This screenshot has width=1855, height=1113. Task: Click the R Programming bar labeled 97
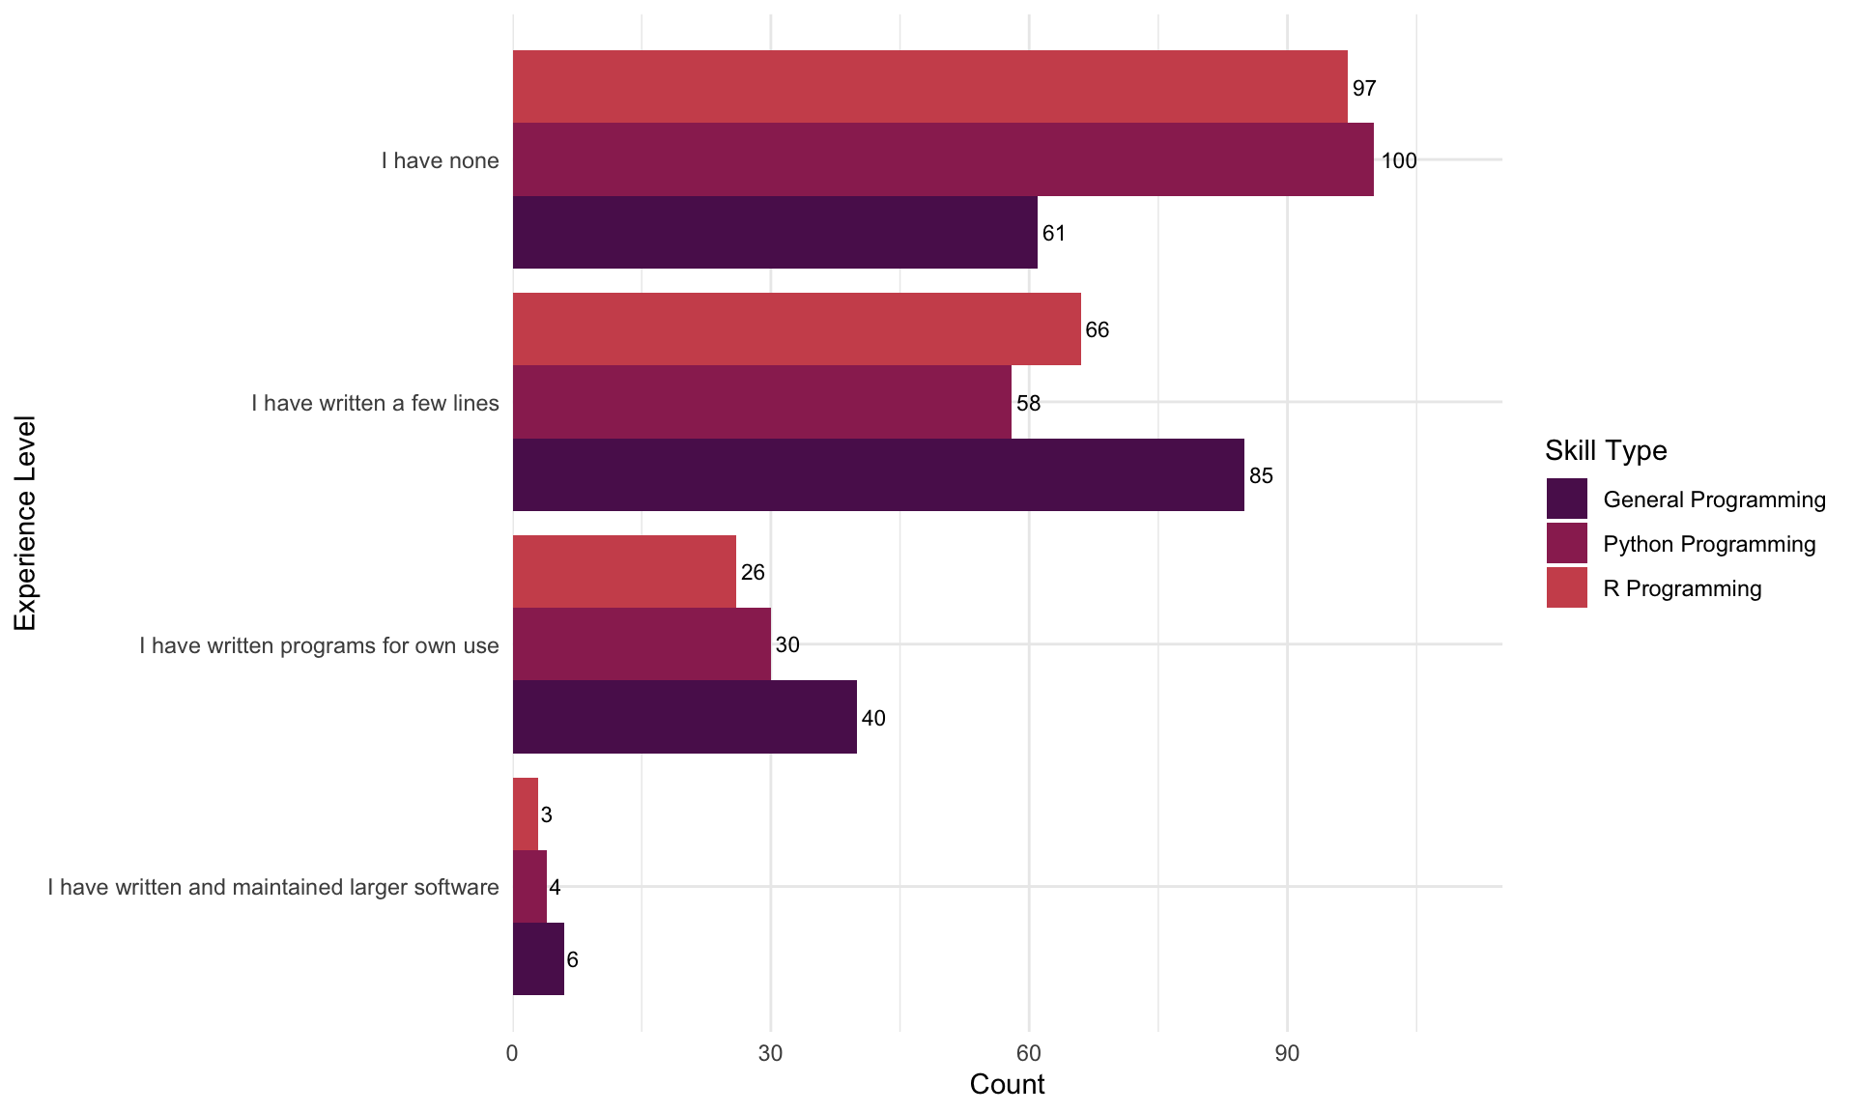[929, 87]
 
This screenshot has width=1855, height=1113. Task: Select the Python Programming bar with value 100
[943, 159]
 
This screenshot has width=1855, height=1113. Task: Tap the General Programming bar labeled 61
[775, 232]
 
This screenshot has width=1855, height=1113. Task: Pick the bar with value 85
[878, 474]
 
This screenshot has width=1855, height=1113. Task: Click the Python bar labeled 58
[761, 402]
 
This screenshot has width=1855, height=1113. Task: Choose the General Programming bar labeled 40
[684, 717]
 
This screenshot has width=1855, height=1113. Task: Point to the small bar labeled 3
[526, 813]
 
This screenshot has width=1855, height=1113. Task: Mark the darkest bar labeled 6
[538, 958]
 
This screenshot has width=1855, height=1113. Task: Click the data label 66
[1098, 330]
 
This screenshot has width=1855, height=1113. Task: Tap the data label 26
[753, 572]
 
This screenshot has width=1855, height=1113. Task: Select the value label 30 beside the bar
[787, 644]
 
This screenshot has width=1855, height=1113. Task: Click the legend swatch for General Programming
[1566, 499]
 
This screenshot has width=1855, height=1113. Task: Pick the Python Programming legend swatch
[1566, 544]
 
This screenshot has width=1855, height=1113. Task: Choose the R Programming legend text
[1682, 588]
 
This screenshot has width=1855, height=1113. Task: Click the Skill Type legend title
[1606, 450]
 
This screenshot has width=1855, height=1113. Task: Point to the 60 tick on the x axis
[1029, 1052]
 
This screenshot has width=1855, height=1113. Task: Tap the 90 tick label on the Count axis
[1287, 1052]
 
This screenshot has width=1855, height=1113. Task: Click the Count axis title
[1007, 1084]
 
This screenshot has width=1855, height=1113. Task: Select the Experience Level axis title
[25, 523]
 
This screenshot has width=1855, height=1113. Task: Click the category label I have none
[440, 160]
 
